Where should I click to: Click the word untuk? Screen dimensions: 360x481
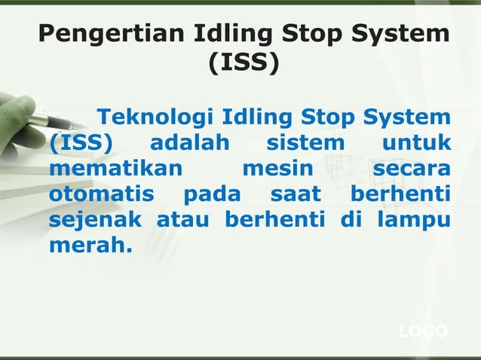point(415,143)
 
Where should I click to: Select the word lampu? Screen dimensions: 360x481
point(415,220)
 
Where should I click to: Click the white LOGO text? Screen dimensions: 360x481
point(422,332)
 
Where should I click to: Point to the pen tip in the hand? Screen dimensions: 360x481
point(69,124)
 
